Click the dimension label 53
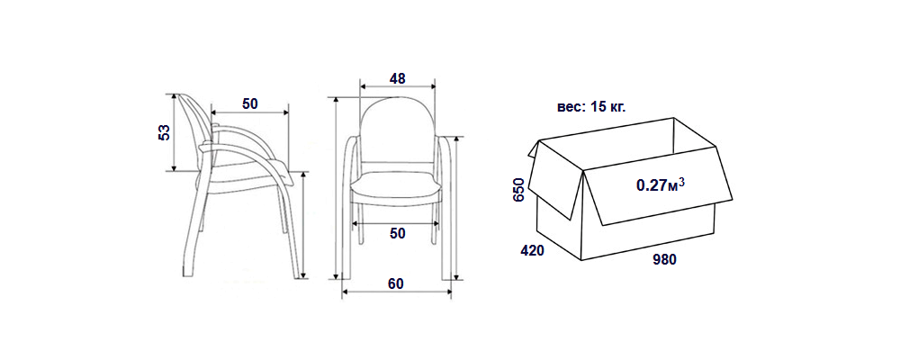(x=164, y=132)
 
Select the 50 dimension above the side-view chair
(x=249, y=103)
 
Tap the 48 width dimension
(x=397, y=78)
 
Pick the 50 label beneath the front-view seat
(x=397, y=233)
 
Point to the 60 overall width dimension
(x=396, y=283)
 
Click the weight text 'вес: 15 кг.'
(x=591, y=107)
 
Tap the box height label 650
(x=519, y=190)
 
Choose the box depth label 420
(x=532, y=250)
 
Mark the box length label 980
(x=665, y=259)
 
